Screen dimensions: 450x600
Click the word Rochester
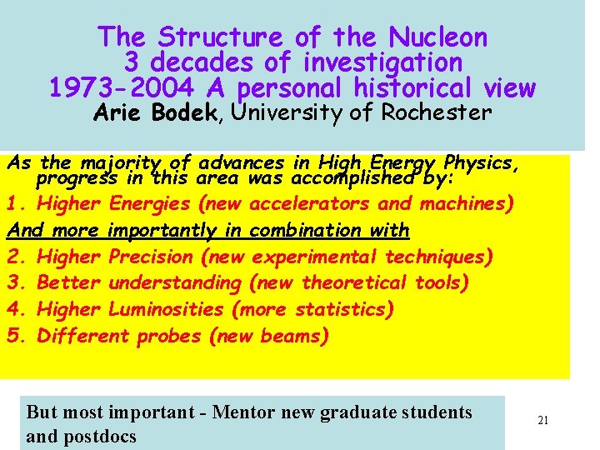(436, 112)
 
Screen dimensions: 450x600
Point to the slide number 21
(542, 421)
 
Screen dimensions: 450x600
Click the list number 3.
(13, 283)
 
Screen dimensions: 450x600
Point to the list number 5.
(13, 337)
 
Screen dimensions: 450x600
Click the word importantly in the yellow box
(163, 230)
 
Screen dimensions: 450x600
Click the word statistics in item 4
(340, 310)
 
